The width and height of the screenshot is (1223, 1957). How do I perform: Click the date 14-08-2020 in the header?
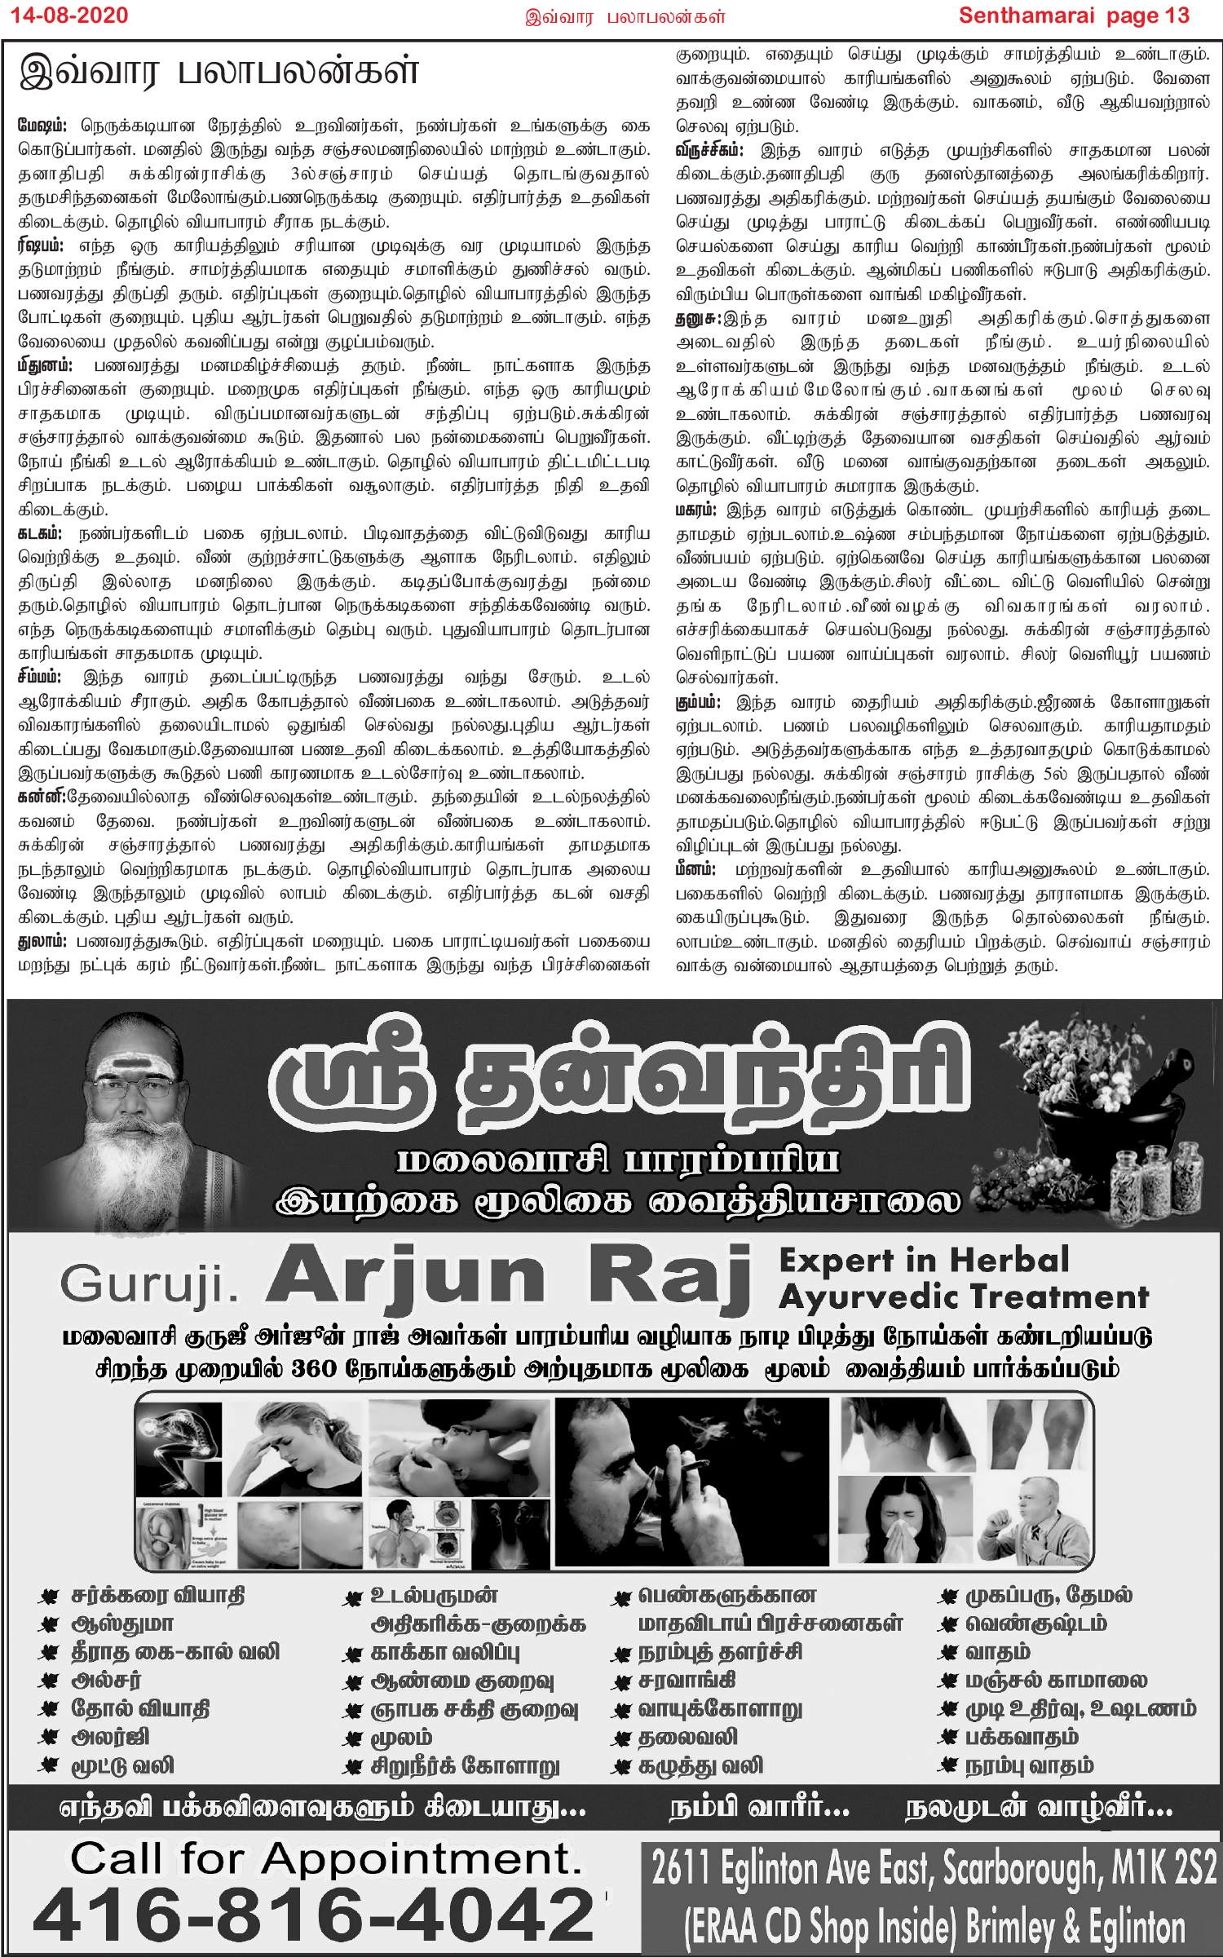point(69,15)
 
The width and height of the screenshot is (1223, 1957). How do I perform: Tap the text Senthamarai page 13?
point(1074,15)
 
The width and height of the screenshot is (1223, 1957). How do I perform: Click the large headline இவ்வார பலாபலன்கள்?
point(219,73)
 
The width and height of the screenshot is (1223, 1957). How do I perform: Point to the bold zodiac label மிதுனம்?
point(46,366)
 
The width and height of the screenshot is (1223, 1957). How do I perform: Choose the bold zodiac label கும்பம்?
point(698,702)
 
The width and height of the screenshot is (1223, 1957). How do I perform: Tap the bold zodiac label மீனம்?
point(695,870)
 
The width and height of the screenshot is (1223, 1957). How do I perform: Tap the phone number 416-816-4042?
point(314,1915)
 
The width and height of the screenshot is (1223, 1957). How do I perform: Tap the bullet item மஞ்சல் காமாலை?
point(1056,1681)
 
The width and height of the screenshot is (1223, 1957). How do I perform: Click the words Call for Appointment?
point(326,1860)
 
